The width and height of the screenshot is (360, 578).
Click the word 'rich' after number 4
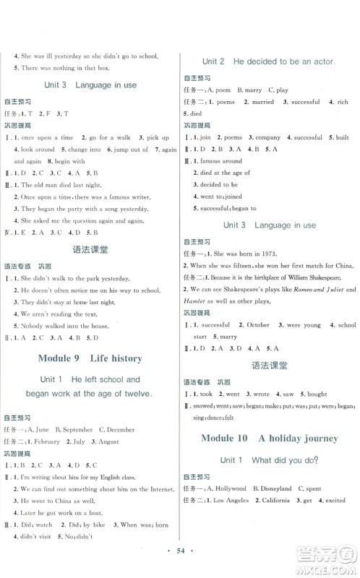[342, 103]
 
